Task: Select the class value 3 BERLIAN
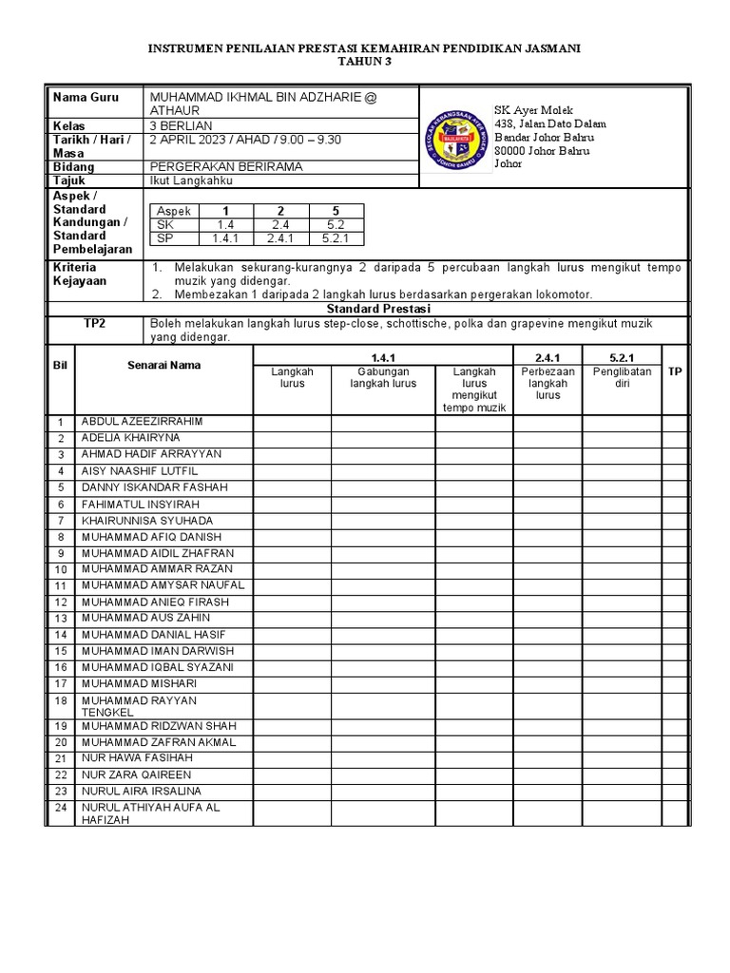tap(182, 125)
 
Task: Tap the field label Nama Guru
tap(84, 98)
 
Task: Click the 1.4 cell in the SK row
tap(225, 225)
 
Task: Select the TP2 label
tap(94, 324)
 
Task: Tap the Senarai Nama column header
tap(163, 366)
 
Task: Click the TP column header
tap(675, 372)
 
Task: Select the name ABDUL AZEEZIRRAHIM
tap(143, 422)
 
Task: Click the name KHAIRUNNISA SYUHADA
tap(147, 521)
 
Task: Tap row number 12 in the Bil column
tap(60, 602)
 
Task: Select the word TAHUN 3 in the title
tap(364, 62)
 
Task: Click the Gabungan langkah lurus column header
tap(383, 378)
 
